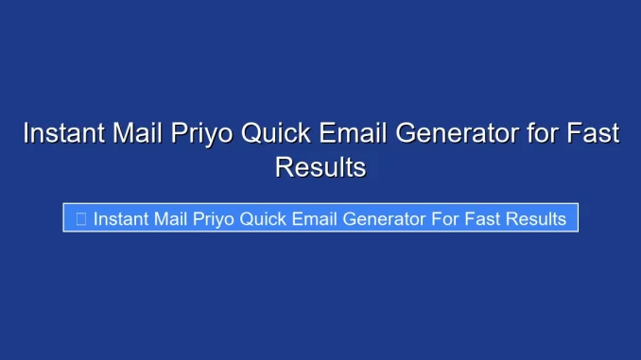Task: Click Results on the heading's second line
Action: pos(320,167)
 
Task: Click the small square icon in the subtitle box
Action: pos(80,219)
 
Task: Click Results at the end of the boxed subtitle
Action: pos(535,219)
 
